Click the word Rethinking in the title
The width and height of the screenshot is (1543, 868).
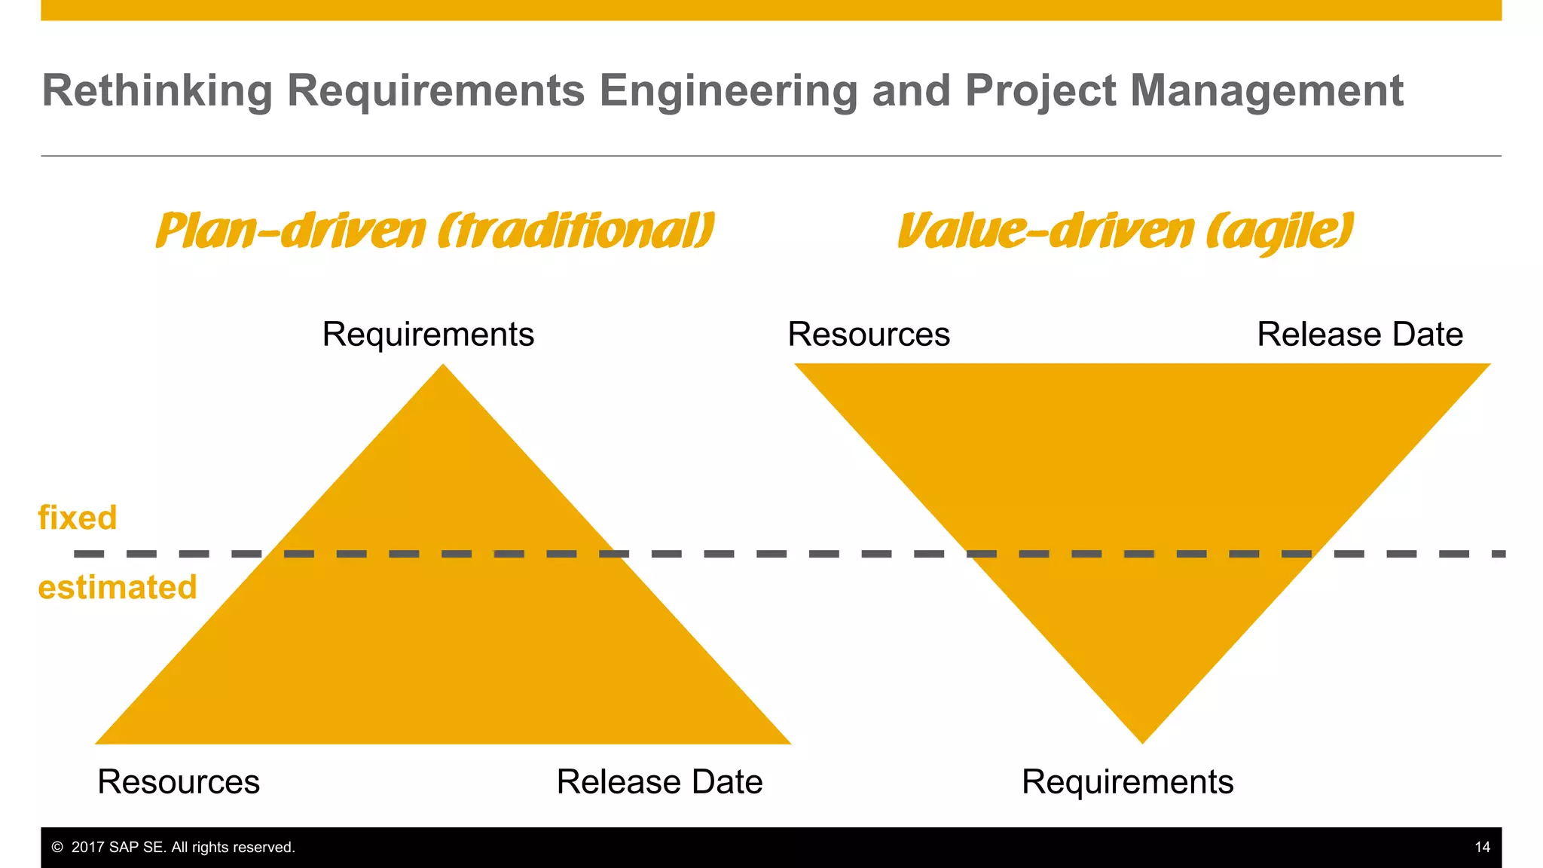(157, 91)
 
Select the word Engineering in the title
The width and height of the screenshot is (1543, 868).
(728, 91)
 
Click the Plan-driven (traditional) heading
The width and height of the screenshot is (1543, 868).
(435, 231)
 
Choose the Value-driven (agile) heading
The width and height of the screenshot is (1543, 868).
(1126, 231)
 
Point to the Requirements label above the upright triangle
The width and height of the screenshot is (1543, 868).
(428, 334)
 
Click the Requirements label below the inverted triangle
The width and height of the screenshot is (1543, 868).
(1127, 781)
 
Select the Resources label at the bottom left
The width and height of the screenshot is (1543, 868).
(179, 781)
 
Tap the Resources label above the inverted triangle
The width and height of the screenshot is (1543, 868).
(869, 334)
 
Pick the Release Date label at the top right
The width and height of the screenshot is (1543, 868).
(1360, 334)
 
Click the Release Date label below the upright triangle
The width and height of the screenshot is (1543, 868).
(659, 781)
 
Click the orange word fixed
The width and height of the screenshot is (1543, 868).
(78, 518)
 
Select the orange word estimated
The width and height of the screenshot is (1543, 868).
(118, 588)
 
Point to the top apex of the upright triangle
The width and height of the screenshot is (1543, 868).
(443, 367)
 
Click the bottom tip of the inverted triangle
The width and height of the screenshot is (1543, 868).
(1142, 741)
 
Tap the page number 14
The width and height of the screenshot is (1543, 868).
(1482, 848)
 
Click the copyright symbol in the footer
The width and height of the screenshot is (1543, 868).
(57, 848)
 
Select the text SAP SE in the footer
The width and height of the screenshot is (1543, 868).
(136, 848)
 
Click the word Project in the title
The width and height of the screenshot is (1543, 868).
(1040, 91)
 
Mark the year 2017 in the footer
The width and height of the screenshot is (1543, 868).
(88, 848)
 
